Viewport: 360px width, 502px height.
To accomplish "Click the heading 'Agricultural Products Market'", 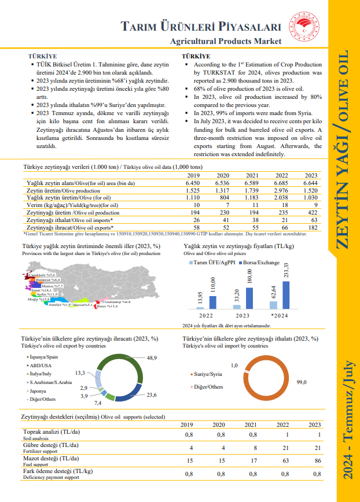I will click(226, 41).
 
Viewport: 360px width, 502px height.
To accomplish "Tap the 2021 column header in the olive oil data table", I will click(252, 175).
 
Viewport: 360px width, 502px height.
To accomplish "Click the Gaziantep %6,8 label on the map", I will click(118, 302).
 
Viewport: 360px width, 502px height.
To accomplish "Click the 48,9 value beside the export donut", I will click(152, 359).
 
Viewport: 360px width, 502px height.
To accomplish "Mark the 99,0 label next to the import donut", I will click(301, 382).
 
